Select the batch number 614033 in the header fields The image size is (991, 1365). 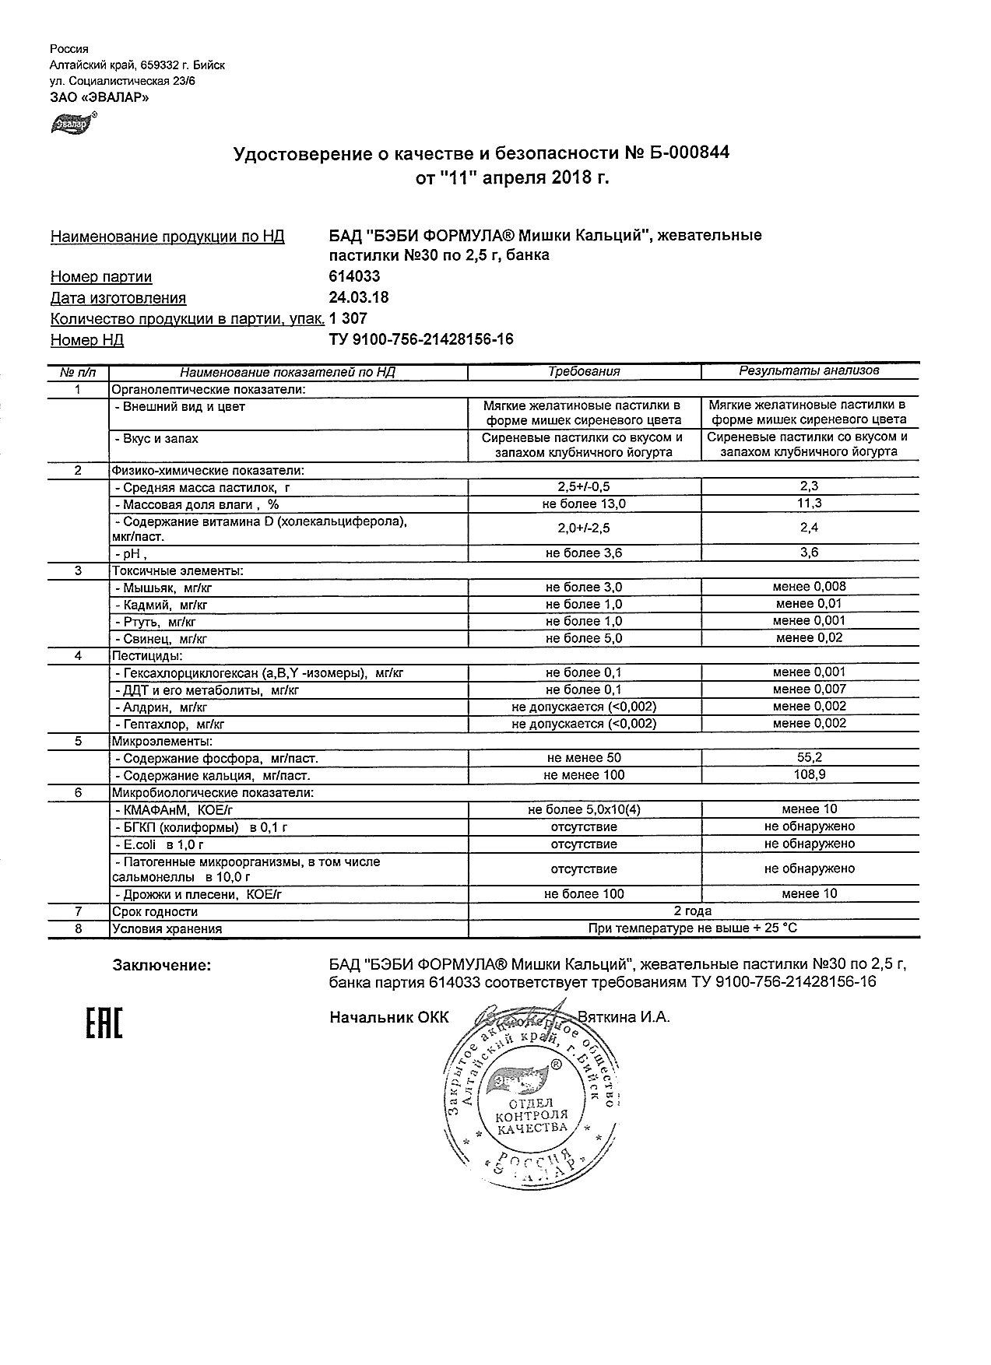(x=355, y=277)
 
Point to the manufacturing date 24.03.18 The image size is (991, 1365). (x=359, y=298)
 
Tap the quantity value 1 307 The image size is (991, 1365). (x=348, y=319)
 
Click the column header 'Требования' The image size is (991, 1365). (x=584, y=372)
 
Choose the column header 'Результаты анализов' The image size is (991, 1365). (x=809, y=371)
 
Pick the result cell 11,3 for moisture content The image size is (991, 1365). (x=810, y=504)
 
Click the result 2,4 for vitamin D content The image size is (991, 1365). (x=810, y=528)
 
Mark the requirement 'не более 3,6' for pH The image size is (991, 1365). (x=584, y=553)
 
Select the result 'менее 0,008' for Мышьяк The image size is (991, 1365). (x=809, y=587)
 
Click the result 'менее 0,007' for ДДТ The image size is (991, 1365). (x=809, y=690)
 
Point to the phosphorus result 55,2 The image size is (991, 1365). (x=810, y=757)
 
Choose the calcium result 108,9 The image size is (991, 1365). (x=810, y=775)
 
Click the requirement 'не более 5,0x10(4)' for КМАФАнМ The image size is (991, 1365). (x=584, y=810)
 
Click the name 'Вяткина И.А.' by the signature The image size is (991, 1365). (x=624, y=1017)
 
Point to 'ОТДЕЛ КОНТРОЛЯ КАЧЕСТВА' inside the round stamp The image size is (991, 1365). (x=532, y=1115)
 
